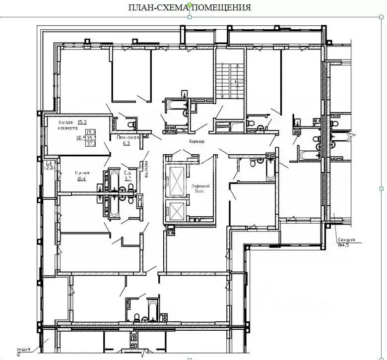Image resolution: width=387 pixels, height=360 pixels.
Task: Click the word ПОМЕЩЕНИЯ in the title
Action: (x=221, y=7)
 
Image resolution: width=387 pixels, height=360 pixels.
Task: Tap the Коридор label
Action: (x=196, y=141)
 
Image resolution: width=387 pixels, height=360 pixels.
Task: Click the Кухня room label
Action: (x=82, y=173)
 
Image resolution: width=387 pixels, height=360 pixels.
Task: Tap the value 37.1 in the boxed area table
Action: (x=91, y=144)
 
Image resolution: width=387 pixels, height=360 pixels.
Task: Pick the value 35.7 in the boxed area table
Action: (x=91, y=138)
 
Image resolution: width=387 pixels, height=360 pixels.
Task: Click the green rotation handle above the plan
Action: (x=189, y=5)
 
